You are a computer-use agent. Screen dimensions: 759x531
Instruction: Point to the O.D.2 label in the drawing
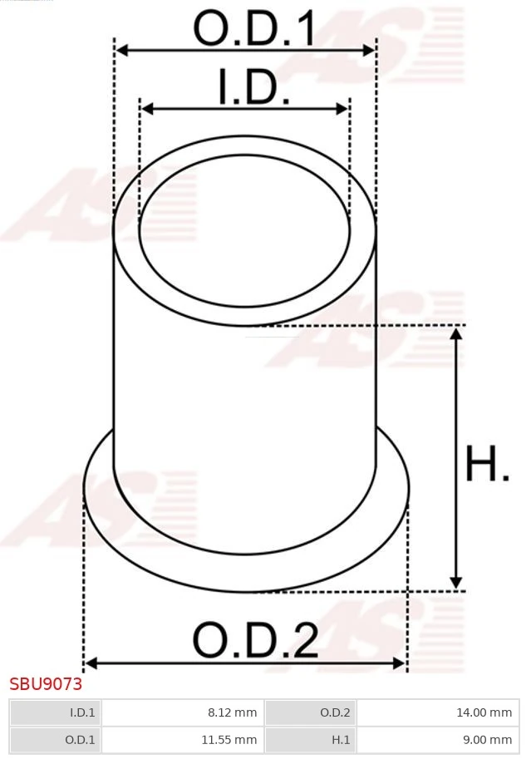click(255, 641)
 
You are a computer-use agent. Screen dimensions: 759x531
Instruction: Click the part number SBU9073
click(46, 685)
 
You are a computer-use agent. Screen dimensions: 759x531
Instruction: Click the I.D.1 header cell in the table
click(55, 712)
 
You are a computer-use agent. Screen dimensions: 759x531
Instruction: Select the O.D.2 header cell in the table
click(310, 712)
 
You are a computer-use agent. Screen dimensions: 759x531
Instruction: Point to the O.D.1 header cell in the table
click(55, 739)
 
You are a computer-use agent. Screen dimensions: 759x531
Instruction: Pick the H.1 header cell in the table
click(310, 739)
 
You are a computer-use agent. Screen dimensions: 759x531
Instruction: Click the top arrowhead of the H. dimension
click(455, 333)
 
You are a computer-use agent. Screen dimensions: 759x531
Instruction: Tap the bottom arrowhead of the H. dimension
click(455, 583)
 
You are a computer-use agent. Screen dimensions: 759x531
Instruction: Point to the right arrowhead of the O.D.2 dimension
click(400, 663)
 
